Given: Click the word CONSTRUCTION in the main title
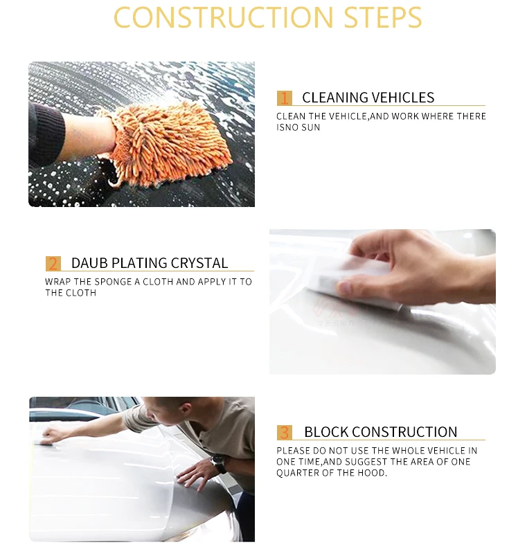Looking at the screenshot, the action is pyautogui.click(x=224, y=17).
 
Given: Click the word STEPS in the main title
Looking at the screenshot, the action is pyautogui.click(x=383, y=17).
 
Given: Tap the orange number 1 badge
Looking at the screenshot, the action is pyautogui.click(x=285, y=98).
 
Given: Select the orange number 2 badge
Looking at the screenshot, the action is pyautogui.click(x=53, y=263).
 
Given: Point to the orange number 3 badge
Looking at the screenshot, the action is pyautogui.click(x=285, y=433).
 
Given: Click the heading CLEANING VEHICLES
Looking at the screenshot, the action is pyautogui.click(x=368, y=98).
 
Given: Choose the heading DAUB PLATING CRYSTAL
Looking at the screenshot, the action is pyautogui.click(x=150, y=263).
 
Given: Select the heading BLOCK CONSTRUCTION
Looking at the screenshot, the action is pyautogui.click(x=381, y=432).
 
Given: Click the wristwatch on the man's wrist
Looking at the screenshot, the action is pyautogui.click(x=219, y=464).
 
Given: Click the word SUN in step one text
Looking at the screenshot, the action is pyautogui.click(x=311, y=127).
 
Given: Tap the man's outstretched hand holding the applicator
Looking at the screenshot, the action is pyautogui.click(x=53, y=436).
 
